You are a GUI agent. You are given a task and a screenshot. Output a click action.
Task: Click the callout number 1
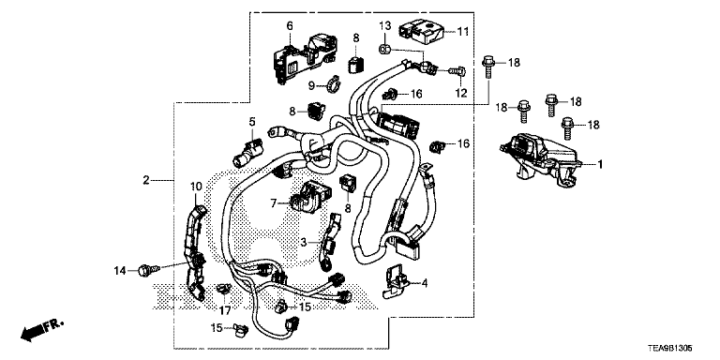point(600,163)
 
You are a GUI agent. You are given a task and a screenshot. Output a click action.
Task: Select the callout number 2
point(146,180)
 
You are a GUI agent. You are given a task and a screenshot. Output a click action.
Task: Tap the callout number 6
point(290,26)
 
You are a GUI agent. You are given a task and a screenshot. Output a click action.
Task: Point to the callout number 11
point(463,32)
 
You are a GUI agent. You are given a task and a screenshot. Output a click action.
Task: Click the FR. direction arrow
point(41,331)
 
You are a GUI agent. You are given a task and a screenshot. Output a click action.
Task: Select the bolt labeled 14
point(149,270)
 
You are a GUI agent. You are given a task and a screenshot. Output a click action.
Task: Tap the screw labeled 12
point(458,71)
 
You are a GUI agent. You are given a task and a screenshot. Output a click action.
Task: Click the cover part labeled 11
point(422,32)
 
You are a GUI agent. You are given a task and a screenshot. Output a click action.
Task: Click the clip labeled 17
point(224,290)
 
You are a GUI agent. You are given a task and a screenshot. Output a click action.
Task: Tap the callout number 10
point(196,187)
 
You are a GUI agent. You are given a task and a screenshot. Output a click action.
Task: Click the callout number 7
point(274,202)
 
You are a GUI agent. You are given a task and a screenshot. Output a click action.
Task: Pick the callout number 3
point(304,241)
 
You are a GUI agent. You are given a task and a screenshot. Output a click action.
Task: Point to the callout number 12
point(460,93)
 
